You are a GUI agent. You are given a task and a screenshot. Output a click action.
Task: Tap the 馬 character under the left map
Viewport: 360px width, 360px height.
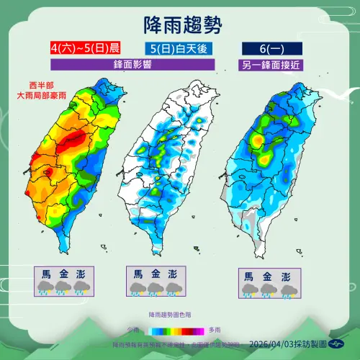tap(45, 274)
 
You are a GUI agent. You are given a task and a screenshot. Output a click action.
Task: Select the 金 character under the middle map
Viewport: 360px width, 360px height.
tap(154, 274)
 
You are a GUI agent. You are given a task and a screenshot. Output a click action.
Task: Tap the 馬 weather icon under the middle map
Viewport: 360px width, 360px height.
tap(135, 288)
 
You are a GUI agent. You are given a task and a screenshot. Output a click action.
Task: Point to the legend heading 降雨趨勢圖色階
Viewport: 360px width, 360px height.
tap(171, 315)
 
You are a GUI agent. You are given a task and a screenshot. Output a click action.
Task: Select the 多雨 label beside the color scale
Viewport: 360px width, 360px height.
tap(214, 329)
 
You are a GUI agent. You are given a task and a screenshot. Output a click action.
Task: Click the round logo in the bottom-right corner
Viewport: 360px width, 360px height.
tap(341, 344)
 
